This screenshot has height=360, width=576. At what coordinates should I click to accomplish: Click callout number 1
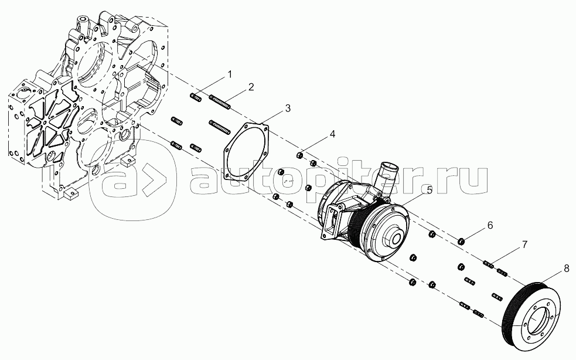pyautogui.click(x=230, y=74)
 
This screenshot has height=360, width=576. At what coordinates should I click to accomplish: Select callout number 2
pyautogui.click(x=251, y=87)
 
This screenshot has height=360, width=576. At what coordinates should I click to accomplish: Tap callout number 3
pyautogui.click(x=288, y=108)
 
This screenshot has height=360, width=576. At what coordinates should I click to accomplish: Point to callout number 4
pyautogui.click(x=332, y=134)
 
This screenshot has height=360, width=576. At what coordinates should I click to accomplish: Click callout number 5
pyautogui.click(x=429, y=190)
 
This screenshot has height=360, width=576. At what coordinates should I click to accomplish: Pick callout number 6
pyautogui.click(x=490, y=225)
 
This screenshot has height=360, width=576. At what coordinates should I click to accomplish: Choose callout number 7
pyautogui.click(x=524, y=244)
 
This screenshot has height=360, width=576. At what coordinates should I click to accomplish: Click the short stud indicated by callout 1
pyautogui.click(x=196, y=98)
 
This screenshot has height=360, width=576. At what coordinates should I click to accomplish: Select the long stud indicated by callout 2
pyautogui.click(x=220, y=102)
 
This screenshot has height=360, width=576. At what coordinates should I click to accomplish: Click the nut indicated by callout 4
pyautogui.click(x=299, y=155)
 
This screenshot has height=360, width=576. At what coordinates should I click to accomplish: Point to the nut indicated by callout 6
pyautogui.click(x=461, y=242)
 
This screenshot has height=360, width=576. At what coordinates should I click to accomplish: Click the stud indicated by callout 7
pyautogui.click(x=488, y=264)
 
